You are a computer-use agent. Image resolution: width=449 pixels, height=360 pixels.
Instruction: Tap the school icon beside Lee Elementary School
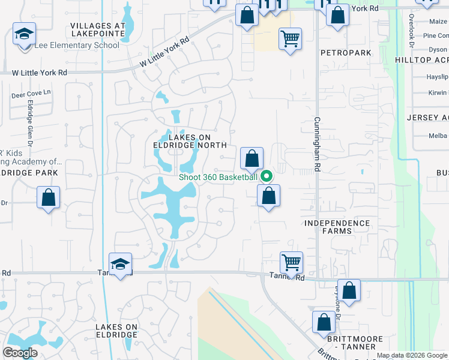tap(24, 35)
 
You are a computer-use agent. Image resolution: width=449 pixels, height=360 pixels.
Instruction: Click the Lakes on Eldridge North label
tap(189, 141)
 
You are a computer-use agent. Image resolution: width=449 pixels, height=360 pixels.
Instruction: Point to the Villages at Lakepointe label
tap(98, 31)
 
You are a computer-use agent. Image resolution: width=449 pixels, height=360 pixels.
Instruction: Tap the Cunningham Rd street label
tap(317, 142)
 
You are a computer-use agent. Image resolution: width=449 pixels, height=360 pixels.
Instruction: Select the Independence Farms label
tap(337, 227)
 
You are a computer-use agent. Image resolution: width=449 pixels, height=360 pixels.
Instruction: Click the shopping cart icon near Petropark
tap(290, 39)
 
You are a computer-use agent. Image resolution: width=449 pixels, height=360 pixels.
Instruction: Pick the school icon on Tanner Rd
tap(120, 264)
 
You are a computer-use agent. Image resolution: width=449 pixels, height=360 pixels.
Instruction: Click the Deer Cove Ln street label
tap(31, 95)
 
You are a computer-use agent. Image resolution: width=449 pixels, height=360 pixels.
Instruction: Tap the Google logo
tap(20, 353)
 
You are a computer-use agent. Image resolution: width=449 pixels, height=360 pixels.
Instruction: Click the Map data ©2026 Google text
tap(412, 355)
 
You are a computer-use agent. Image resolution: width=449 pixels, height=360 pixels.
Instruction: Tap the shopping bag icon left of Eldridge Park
tap(48, 197)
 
